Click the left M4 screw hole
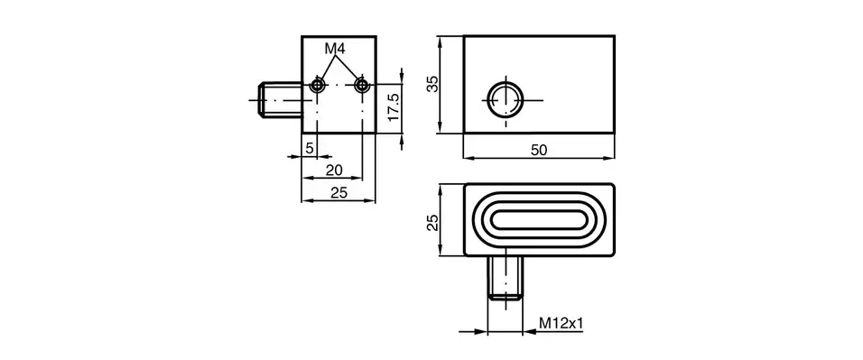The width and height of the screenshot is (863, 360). [x=316, y=85]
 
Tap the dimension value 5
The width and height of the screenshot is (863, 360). [x=309, y=146]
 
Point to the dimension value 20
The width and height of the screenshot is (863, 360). [x=334, y=169]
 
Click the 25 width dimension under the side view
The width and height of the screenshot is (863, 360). [x=339, y=192]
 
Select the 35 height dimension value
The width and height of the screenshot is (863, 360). [x=432, y=84]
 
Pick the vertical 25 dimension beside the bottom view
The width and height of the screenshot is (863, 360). [x=432, y=221]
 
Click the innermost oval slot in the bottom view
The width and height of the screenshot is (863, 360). [x=539, y=220]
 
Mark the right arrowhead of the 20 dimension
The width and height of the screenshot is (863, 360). [x=357, y=178]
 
